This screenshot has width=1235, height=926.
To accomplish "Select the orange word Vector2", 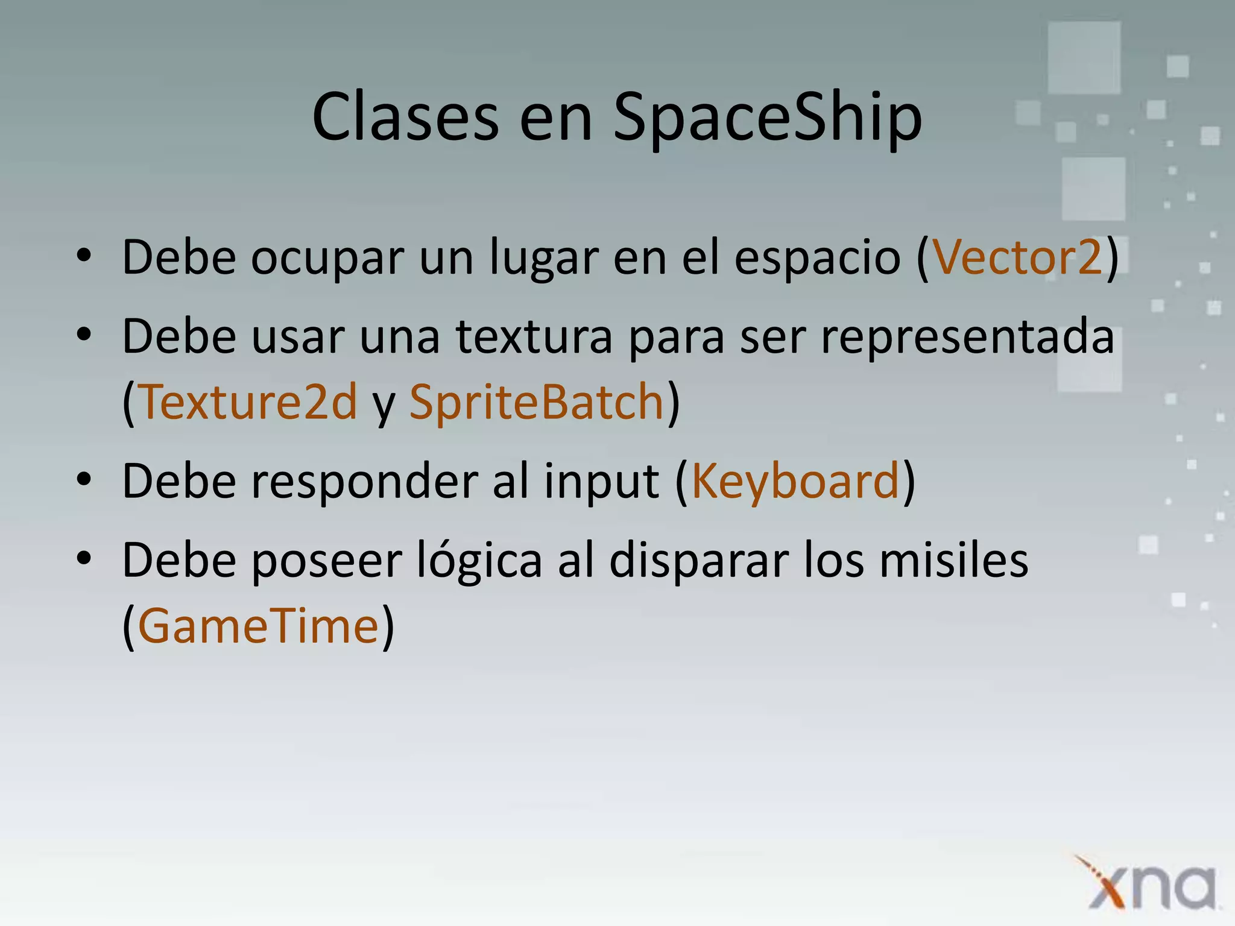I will click(x=1018, y=257).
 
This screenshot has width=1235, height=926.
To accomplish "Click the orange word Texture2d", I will click(x=248, y=402).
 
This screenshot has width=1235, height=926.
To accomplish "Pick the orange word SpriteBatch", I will click(x=537, y=402).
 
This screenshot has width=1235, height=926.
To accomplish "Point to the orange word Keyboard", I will click(x=795, y=482).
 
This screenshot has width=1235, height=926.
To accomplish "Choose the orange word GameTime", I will click(x=258, y=626).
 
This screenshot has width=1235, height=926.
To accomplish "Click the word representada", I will click(x=967, y=338).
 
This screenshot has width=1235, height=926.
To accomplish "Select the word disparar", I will click(x=699, y=561).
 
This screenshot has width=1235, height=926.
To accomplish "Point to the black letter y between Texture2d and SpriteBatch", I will click(x=384, y=405).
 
